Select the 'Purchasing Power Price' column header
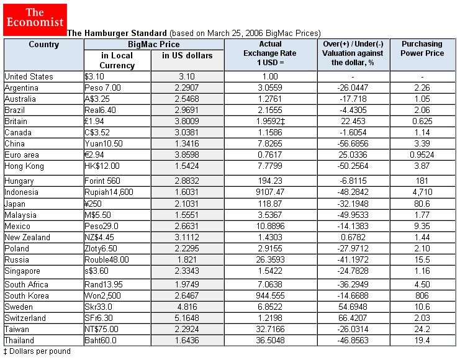coord(422,48)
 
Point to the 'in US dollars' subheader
coord(187,56)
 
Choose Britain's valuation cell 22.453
coord(353,122)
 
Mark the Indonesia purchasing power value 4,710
coord(422,192)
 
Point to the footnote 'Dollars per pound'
coord(38,351)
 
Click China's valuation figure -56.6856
coord(353,144)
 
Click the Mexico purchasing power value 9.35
coord(422,226)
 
